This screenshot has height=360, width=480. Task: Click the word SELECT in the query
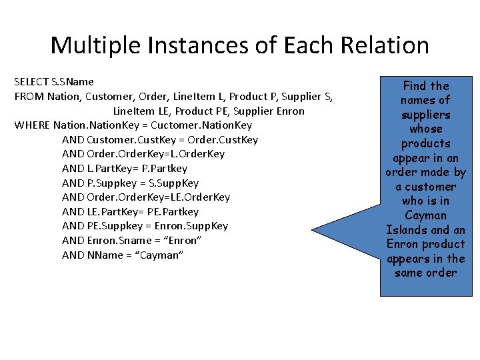[31, 82]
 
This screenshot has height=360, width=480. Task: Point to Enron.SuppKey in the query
[197, 226]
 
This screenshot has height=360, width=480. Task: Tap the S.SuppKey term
[174, 183]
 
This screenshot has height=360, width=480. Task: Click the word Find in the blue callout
[414, 86]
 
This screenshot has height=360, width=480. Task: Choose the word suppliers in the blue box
[425, 115]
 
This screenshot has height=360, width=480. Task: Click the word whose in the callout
[425, 129]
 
